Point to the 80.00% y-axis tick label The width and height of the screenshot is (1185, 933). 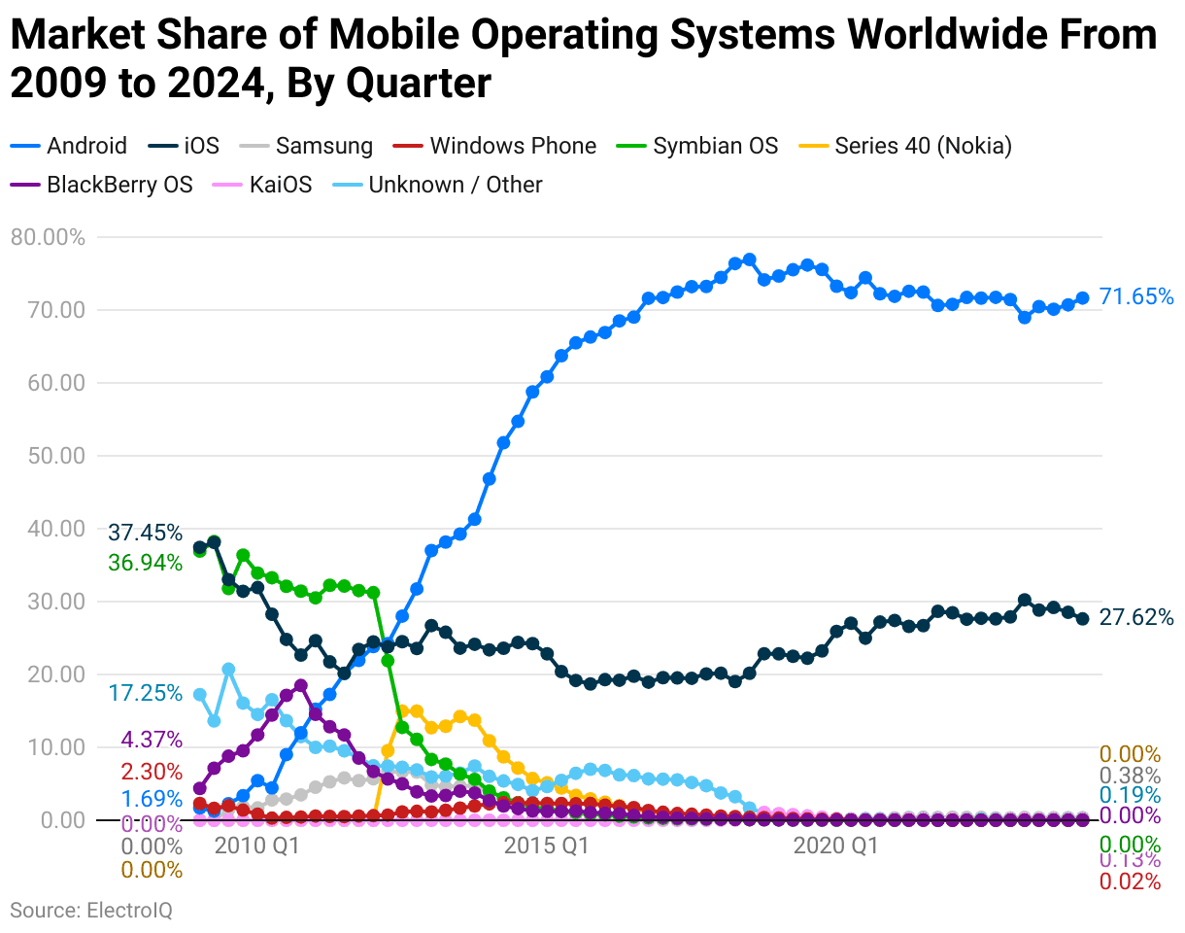47,237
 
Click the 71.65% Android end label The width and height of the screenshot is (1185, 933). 1136,297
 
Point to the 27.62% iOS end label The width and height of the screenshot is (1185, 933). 1136,617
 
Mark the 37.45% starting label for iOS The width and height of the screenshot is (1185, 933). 145,533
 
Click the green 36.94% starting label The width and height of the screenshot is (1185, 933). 145,563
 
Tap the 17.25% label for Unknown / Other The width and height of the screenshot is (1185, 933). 145,693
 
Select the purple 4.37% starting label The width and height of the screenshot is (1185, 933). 151,740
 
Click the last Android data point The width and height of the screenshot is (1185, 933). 1082,298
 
